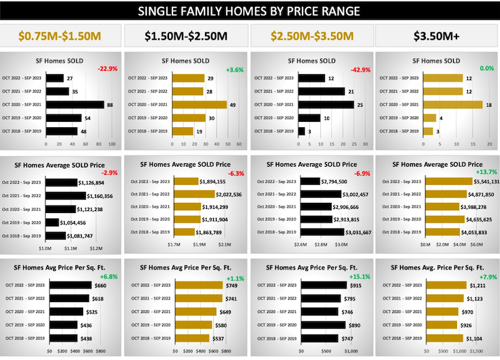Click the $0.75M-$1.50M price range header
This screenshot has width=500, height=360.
[62, 35]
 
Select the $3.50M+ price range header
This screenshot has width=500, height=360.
[437, 35]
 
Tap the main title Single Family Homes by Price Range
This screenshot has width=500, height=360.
[250, 11]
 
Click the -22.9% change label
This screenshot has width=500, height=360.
[108, 69]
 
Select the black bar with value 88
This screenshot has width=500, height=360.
[75, 105]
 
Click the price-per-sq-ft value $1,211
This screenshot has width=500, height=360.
[478, 285]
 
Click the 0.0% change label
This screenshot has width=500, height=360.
[486, 69]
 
